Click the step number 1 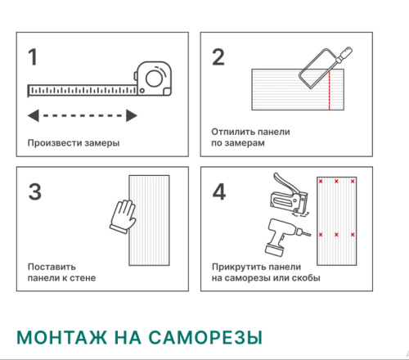coord(33,57)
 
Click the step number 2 coord(218,57)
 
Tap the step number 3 coord(34,191)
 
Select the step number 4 coord(219,191)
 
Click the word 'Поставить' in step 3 coord(52,267)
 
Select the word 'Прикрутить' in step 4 coord(238,267)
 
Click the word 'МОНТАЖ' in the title coord(60,337)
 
